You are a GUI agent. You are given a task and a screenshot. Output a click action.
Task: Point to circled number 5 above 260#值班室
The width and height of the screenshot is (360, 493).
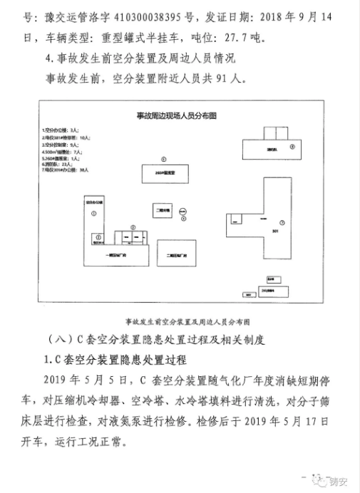(163, 159)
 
